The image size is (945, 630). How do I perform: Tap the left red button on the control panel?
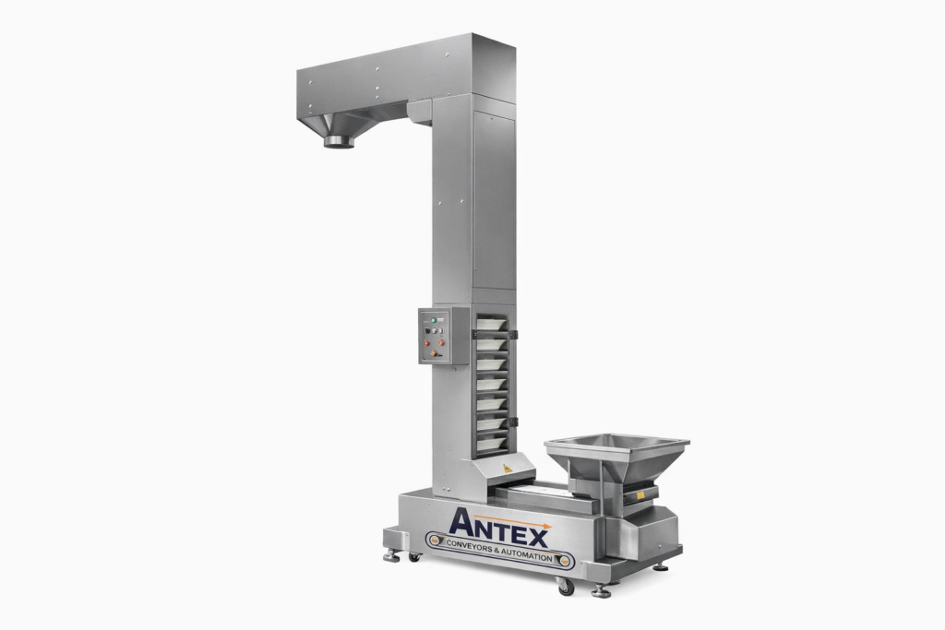point(427,342)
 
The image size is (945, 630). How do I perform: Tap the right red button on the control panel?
point(441,342)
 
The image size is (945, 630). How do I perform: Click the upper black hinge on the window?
point(513,332)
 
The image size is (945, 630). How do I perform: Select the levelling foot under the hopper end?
point(601,591)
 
